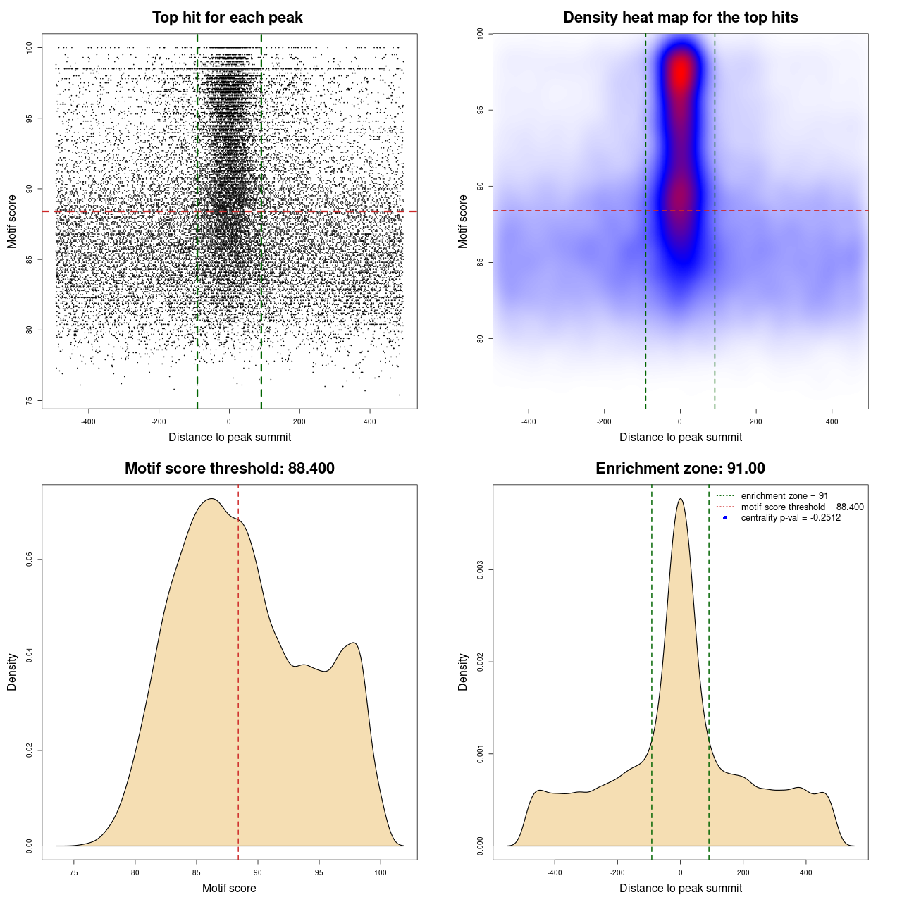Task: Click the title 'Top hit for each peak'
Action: (x=227, y=18)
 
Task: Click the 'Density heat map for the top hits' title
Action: (x=680, y=18)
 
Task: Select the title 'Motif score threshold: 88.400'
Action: (x=229, y=469)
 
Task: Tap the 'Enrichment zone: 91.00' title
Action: (x=680, y=469)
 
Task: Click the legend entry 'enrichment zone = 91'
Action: (x=784, y=496)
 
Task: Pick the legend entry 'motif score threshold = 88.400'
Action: (x=802, y=507)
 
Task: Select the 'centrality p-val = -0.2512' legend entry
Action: (x=791, y=518)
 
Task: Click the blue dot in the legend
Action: (x=725, y=518)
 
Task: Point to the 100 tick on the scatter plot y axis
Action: (x=30, y=47)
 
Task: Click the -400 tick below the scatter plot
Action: (x=88, y=421)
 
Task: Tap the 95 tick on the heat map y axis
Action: (x=481, y=110)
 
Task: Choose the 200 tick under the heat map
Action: (x=756, y=421)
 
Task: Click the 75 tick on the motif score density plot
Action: (x=74, y=872)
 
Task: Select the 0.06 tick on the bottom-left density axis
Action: (x=30, y=560)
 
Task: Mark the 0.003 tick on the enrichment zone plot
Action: (x=481, y=569)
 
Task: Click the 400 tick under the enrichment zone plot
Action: (x=806, y=872)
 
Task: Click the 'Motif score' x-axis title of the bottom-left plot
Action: (x=229, y=888)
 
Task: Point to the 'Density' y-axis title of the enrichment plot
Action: (x=463, y=672)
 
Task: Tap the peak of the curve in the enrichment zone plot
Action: (x=680, y=499)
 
